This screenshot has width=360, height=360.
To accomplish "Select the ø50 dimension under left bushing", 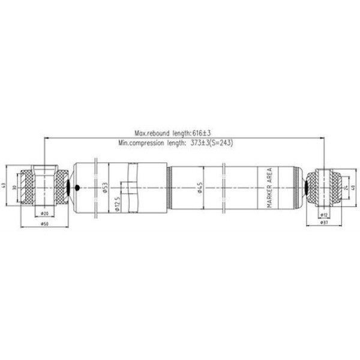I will pos(44,224).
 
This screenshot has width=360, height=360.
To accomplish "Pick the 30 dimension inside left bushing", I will pos(16,187).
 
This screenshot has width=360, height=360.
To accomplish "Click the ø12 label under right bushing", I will pos(325,214).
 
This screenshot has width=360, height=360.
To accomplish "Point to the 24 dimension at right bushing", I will pos(345,187).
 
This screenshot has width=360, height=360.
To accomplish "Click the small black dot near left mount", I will pos(76,188).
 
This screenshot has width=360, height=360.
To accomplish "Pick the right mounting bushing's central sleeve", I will pos(325,187).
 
